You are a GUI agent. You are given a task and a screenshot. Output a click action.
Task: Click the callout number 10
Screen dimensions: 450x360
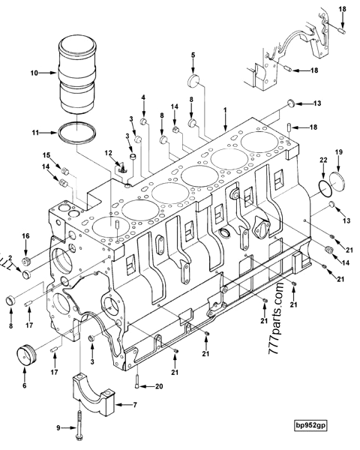(x=33, y=73)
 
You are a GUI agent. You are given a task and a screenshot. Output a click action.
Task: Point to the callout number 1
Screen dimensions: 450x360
(x=224, y=110)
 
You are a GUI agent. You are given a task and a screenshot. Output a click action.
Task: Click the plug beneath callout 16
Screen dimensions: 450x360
(x=25, y=261)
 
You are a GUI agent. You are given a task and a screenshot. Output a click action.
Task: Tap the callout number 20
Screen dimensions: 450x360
(x=158, y=387)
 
